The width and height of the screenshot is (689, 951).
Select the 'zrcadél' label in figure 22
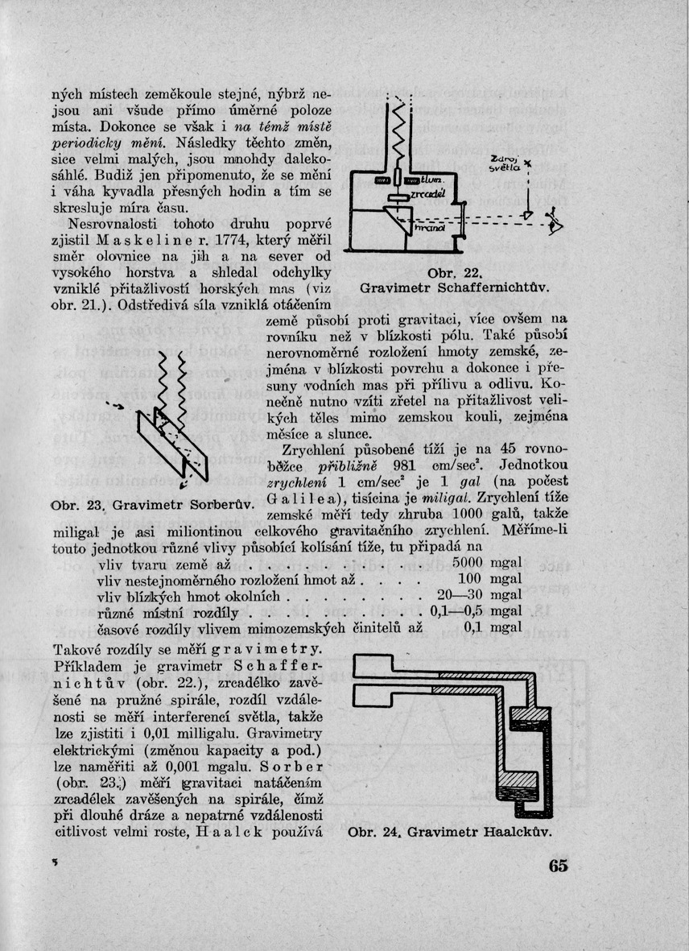pyautogui.click(x=424, y=195)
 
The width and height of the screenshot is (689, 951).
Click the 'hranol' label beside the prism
pyautogui.click(x=426, y=228)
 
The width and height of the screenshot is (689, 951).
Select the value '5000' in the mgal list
pyautogui.click(x=467, y=561)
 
